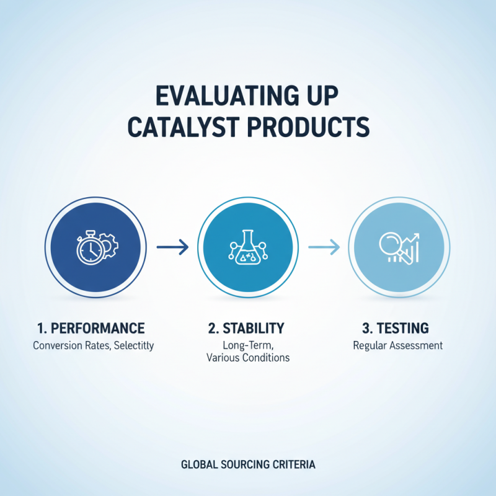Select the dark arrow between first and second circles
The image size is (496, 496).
coord(172,248)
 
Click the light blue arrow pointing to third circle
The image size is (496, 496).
coord(324,248)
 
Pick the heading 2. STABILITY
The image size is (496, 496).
coord(248,328)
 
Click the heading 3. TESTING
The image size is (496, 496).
coord(397,328)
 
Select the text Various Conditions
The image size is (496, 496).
coord(247,358)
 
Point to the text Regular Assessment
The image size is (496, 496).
coord(397,345)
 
